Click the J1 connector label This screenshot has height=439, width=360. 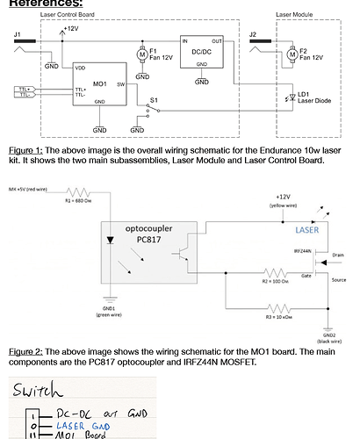pos(17,34)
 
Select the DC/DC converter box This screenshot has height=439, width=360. pos(202,53)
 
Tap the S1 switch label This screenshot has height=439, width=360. pos(154,101)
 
